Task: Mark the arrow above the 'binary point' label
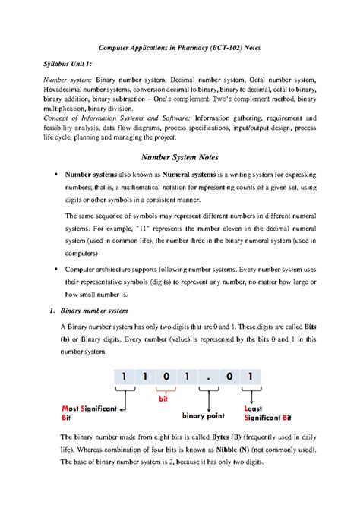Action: (x=203, y=399)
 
